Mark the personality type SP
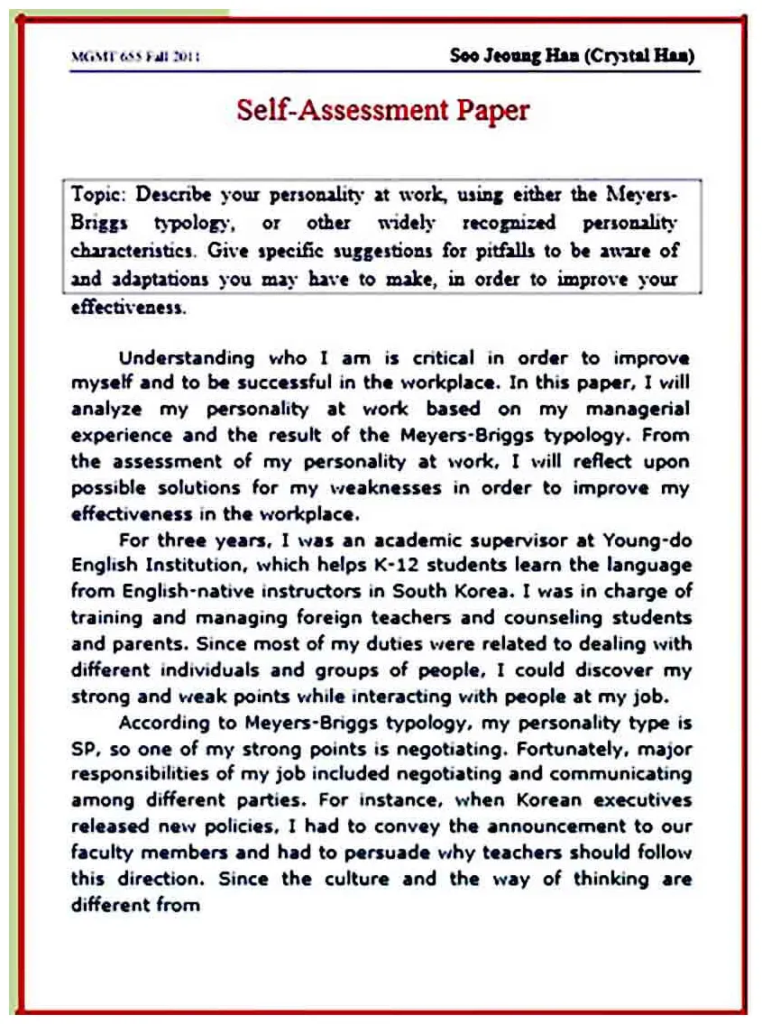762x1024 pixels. tap(82, 749)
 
